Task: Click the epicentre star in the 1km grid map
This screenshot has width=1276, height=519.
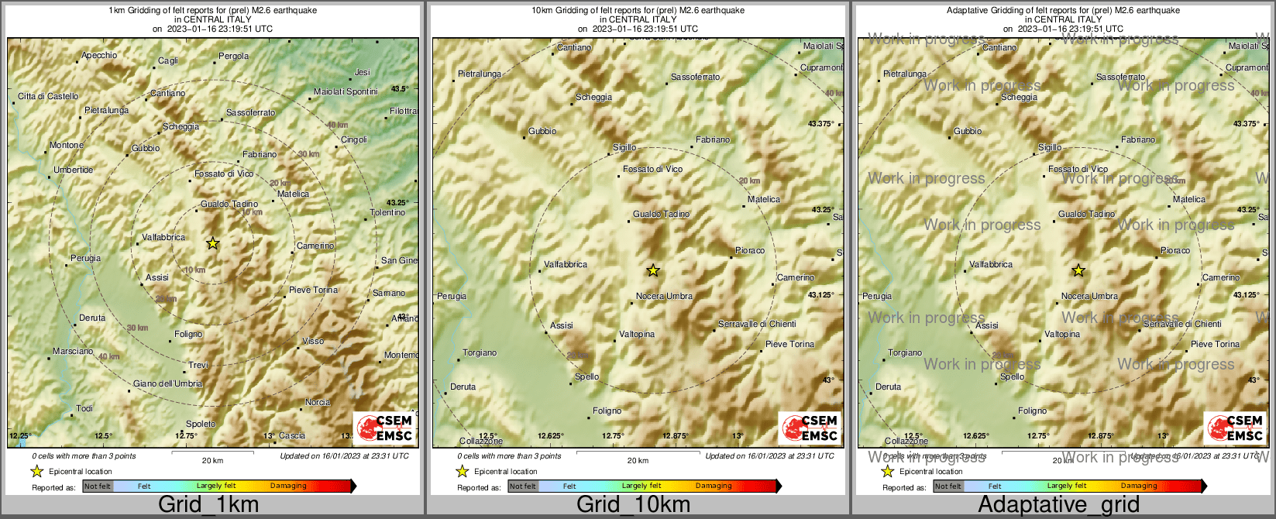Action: (x=213, y=243)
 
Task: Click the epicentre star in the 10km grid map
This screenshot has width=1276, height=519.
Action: (x=653, y=270)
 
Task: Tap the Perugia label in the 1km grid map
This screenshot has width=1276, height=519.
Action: (x=86, y=258)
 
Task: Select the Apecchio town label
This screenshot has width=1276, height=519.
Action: (x=100, y=55)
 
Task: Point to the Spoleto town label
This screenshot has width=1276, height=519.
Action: (x=201, y=424)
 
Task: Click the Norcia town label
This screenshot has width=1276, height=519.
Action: (x=318, y=402)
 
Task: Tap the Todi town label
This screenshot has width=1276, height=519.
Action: (x=84, y=408)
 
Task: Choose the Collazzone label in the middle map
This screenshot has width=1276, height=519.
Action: (x=480, y=441)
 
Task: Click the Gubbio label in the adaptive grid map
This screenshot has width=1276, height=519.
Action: (x=968, y=131)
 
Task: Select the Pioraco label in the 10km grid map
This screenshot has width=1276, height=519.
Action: (x=750, y=250)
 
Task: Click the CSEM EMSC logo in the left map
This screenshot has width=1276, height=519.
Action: (x=385, y=428)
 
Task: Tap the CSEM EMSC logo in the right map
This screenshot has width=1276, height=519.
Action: (x=1236, y=428)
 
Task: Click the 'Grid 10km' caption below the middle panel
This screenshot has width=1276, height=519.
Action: (x=633, y=505)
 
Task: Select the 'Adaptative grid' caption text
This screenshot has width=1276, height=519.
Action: (x=1058, y=505)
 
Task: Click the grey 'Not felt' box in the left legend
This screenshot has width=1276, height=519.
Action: (x=98, y=486)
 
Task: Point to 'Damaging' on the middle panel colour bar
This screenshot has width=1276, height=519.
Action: (x=714, y=486)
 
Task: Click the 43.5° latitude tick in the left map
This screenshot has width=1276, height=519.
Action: (x=400, y=89)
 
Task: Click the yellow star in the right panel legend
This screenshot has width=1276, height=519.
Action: (x=888, y=471)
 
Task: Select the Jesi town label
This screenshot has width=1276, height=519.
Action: (x=363, y=72)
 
